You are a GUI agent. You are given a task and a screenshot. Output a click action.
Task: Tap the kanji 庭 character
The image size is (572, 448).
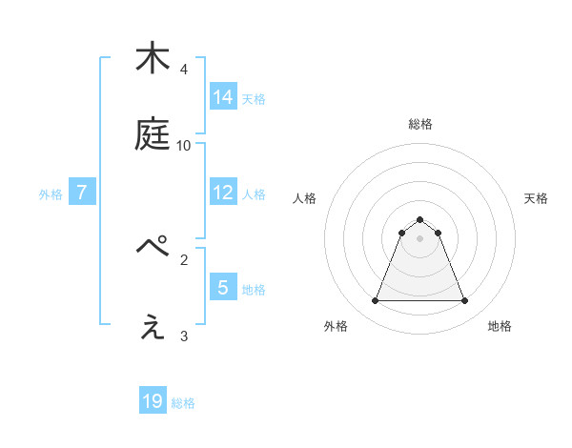[153, 135]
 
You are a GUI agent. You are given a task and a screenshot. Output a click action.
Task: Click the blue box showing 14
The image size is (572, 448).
[223, 97]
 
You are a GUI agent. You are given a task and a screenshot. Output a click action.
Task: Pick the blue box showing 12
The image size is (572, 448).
[223, 193]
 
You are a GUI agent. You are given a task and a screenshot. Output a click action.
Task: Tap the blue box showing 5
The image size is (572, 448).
[223, 287]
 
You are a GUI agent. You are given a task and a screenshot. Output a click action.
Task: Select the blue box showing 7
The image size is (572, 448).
[82, 193]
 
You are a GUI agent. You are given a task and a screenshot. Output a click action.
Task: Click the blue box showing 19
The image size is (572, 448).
[153, 401]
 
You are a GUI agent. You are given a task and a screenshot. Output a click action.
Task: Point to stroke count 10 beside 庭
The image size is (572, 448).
[184, 145]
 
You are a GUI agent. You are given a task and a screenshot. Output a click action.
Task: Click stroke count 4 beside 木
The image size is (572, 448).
[183, 69]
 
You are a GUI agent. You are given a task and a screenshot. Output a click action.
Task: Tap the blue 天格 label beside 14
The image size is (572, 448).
[254, 98]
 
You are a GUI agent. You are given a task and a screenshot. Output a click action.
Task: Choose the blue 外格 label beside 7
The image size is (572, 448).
[51, 193]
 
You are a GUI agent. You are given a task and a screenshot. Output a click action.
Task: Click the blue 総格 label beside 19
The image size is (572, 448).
[183, 402]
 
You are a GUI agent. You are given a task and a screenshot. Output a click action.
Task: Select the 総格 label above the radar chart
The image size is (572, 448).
[420, 124]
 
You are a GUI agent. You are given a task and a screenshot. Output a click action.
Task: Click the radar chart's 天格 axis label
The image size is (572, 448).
[537, 198]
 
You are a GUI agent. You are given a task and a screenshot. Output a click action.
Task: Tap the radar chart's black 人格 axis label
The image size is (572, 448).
[304, 198]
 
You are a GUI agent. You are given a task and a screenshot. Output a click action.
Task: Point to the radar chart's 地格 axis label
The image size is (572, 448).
[500, 326]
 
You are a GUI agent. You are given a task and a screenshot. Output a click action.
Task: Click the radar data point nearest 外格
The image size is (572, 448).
[375, 301]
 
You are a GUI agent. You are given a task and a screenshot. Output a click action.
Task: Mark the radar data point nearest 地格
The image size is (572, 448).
[465, 301]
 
